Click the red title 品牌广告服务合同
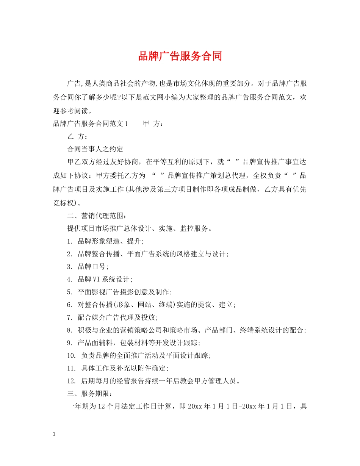click(180, 56)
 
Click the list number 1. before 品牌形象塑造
click(69, 241)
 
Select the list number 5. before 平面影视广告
click(69, 292)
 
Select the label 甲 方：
click(153, 124)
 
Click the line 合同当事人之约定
click(95, 149)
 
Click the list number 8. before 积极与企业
click(69, 330)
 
